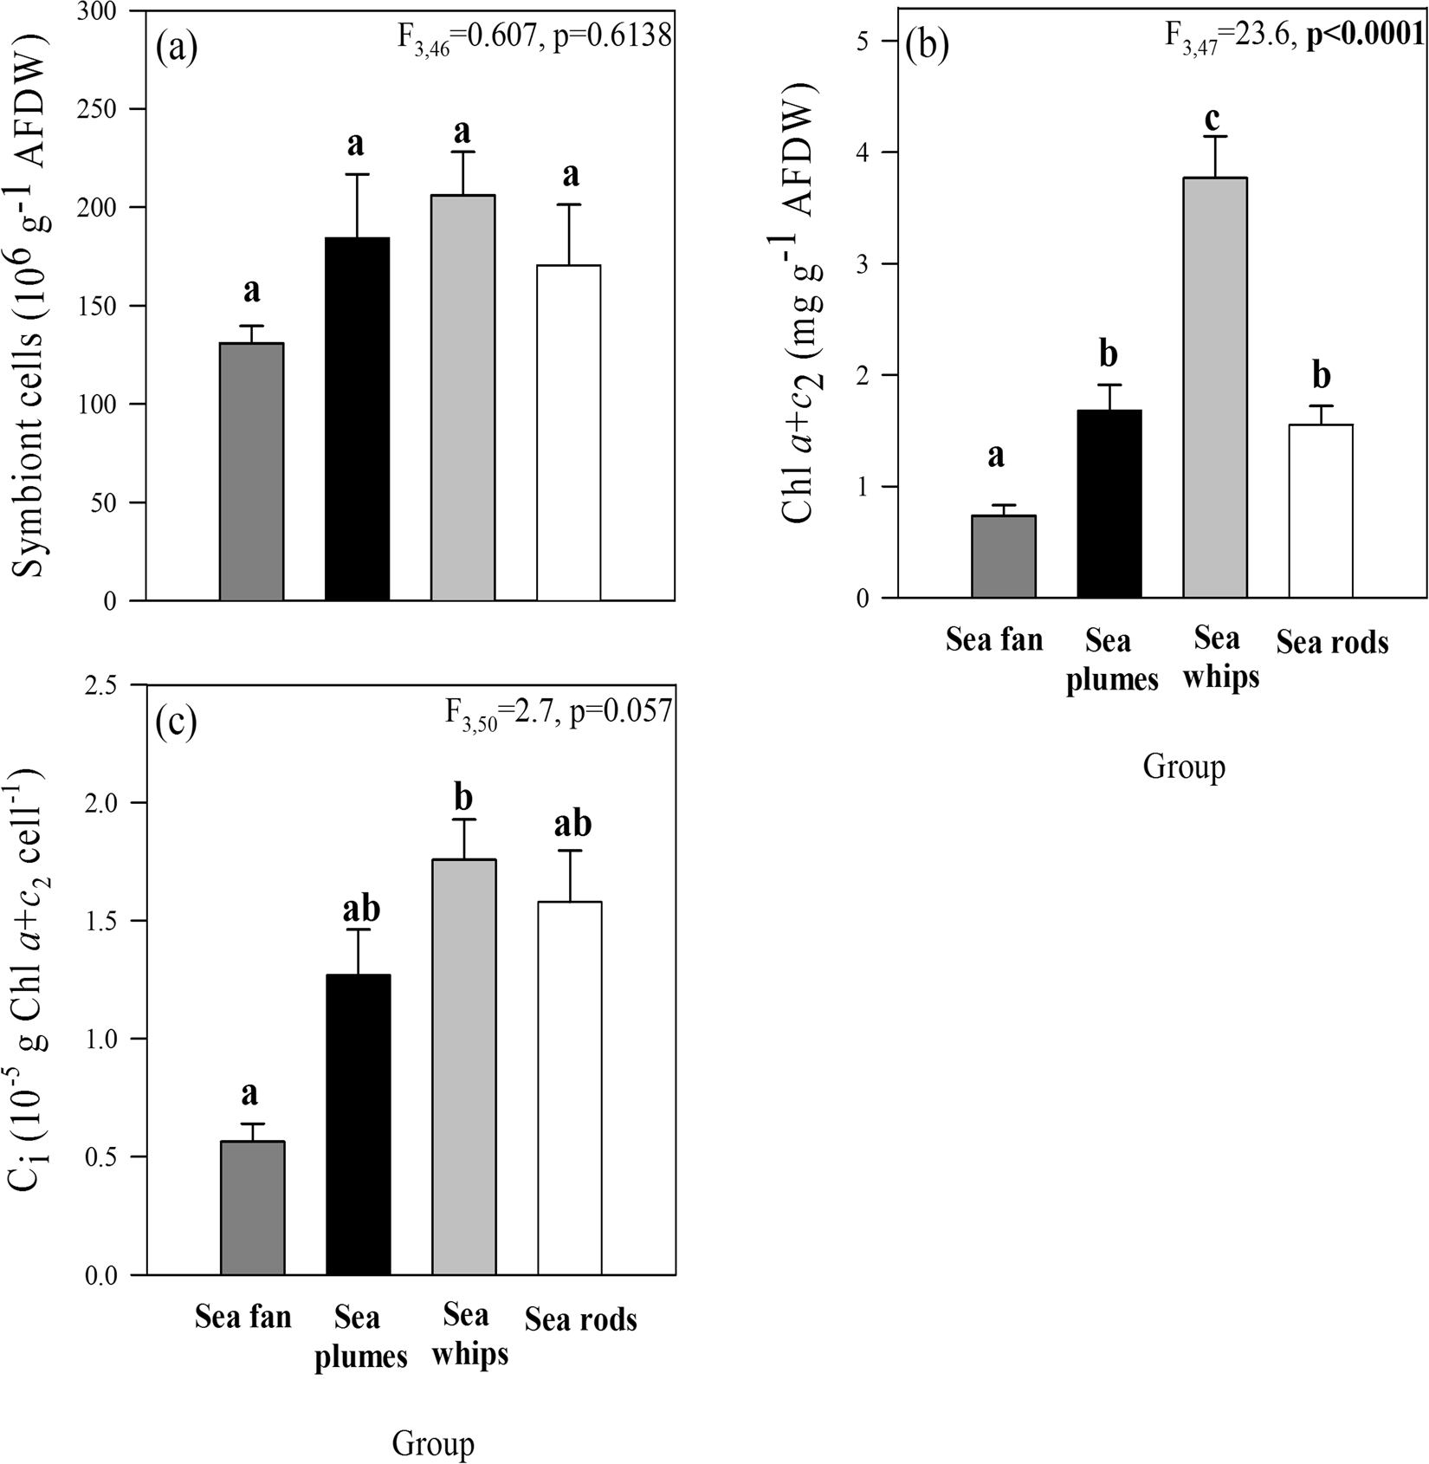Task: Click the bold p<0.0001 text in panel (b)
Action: point(1365,34)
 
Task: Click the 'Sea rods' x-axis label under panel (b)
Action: point(1332,642)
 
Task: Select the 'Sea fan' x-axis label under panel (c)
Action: point(242,1317)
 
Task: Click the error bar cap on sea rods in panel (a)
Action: point(569,204)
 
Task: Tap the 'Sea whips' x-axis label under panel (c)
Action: point(469,1334)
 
